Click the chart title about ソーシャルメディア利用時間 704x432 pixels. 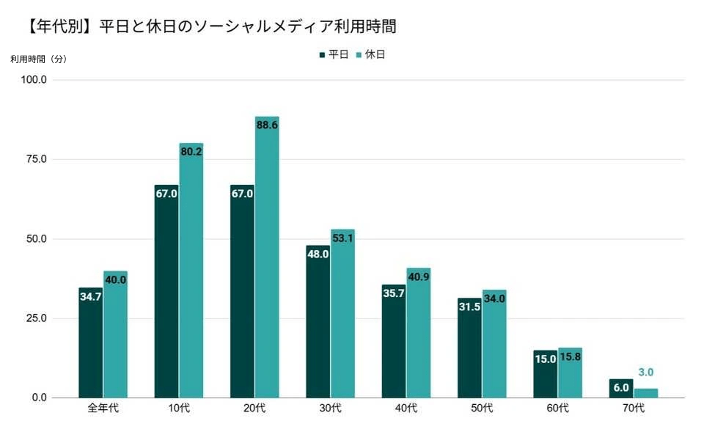click(209, 26)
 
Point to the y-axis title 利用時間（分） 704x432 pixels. click(38, 59)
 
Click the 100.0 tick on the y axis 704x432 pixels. click(34, 80)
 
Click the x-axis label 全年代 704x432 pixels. click(103, 408)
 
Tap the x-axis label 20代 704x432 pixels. click(254, 408)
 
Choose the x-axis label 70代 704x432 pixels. click(634, 408)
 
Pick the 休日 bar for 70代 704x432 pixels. click(646, 393)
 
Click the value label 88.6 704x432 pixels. click(267, 125)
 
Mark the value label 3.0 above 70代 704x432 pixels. click(646, 373)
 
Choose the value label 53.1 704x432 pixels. click(342, 238)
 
